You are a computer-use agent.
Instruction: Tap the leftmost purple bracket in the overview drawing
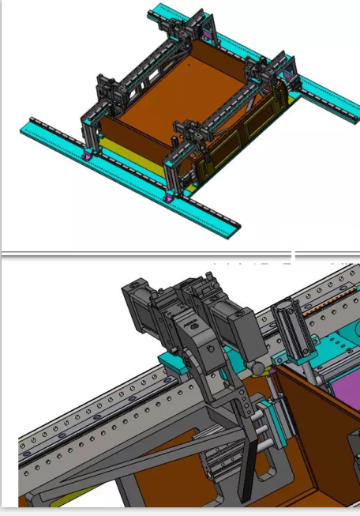[x=86, y=156]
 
